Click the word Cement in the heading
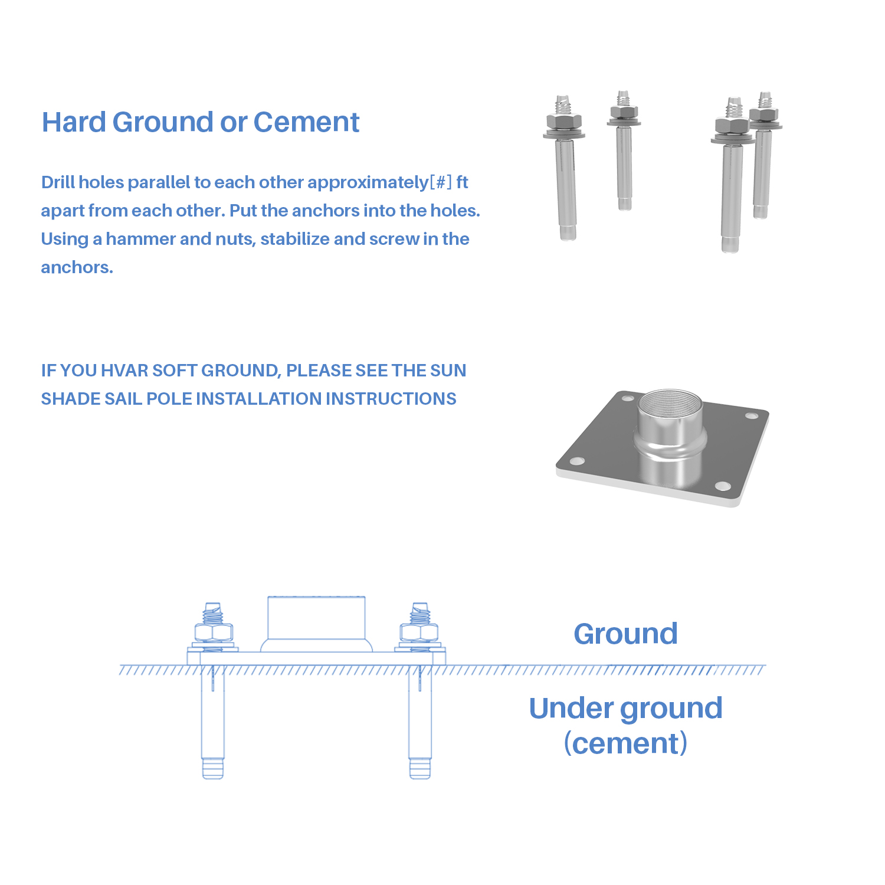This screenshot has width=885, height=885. pos(306,122)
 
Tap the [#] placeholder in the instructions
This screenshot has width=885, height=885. pos(441,182)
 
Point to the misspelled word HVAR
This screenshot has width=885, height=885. pos(124,371)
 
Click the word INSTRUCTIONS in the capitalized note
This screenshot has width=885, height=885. pos(391,399)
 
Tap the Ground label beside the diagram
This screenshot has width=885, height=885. pos(625,634)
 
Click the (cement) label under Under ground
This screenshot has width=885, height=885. pos(625,743)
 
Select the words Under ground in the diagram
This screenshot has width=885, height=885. pos(625,709)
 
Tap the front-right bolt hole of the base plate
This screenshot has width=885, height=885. pos(723,486)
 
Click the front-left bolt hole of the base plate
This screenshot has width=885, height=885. pos(578,460)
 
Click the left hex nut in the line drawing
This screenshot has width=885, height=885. pos(213,633)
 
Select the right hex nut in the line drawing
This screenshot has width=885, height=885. pos(419,633)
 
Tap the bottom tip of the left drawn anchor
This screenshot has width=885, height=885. pos(213,777)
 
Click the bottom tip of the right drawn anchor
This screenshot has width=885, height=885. pos(419,777)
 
